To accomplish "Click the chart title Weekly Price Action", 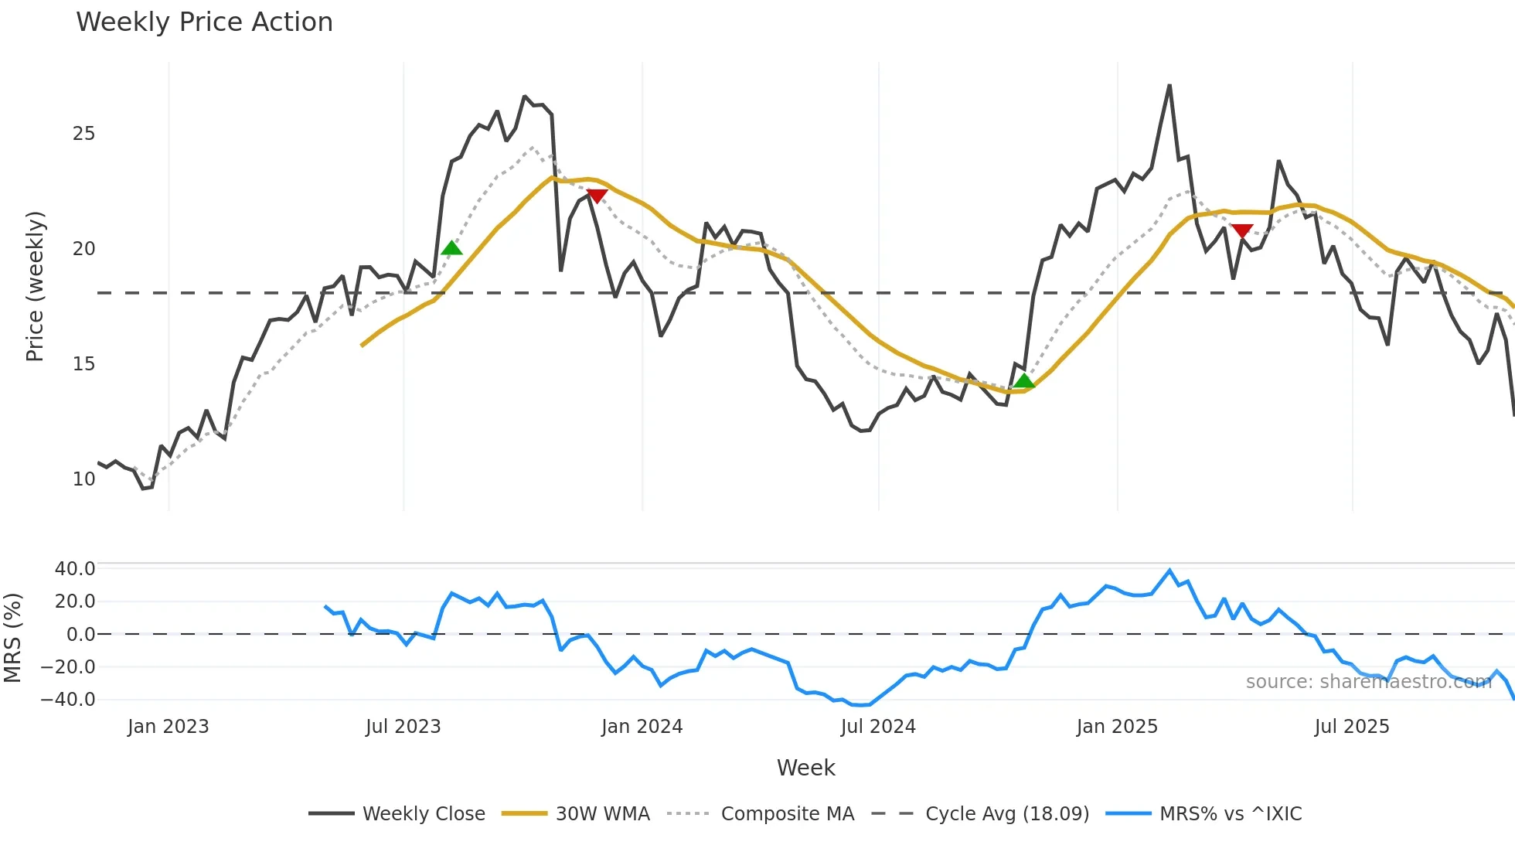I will (204, 22).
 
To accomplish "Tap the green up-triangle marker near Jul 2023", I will (451, 248).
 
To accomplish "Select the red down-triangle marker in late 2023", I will (597, 196).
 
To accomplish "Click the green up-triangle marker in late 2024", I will (1024, 380).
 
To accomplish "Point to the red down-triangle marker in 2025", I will (1242, 230).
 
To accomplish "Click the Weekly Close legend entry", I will (397, 813).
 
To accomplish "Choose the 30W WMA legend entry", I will (576, 813).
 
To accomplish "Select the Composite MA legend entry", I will (761, 813).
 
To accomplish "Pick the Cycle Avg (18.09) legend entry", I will (980, 813).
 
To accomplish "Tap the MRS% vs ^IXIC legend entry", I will (1204, 813).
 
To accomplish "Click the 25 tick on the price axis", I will (83, 134).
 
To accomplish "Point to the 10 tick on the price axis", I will (83, 479).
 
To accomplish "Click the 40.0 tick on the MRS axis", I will (75, 569).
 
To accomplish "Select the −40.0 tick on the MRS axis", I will (68, 700).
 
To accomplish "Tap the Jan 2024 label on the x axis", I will (642, 727).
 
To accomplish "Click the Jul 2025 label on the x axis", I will (1351, 727).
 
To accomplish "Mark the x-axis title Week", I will (805, 768).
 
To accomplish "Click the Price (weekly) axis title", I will (35, 286).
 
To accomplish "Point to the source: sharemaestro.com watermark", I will (1368, 682).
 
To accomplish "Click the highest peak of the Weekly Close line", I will (1169, 86).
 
